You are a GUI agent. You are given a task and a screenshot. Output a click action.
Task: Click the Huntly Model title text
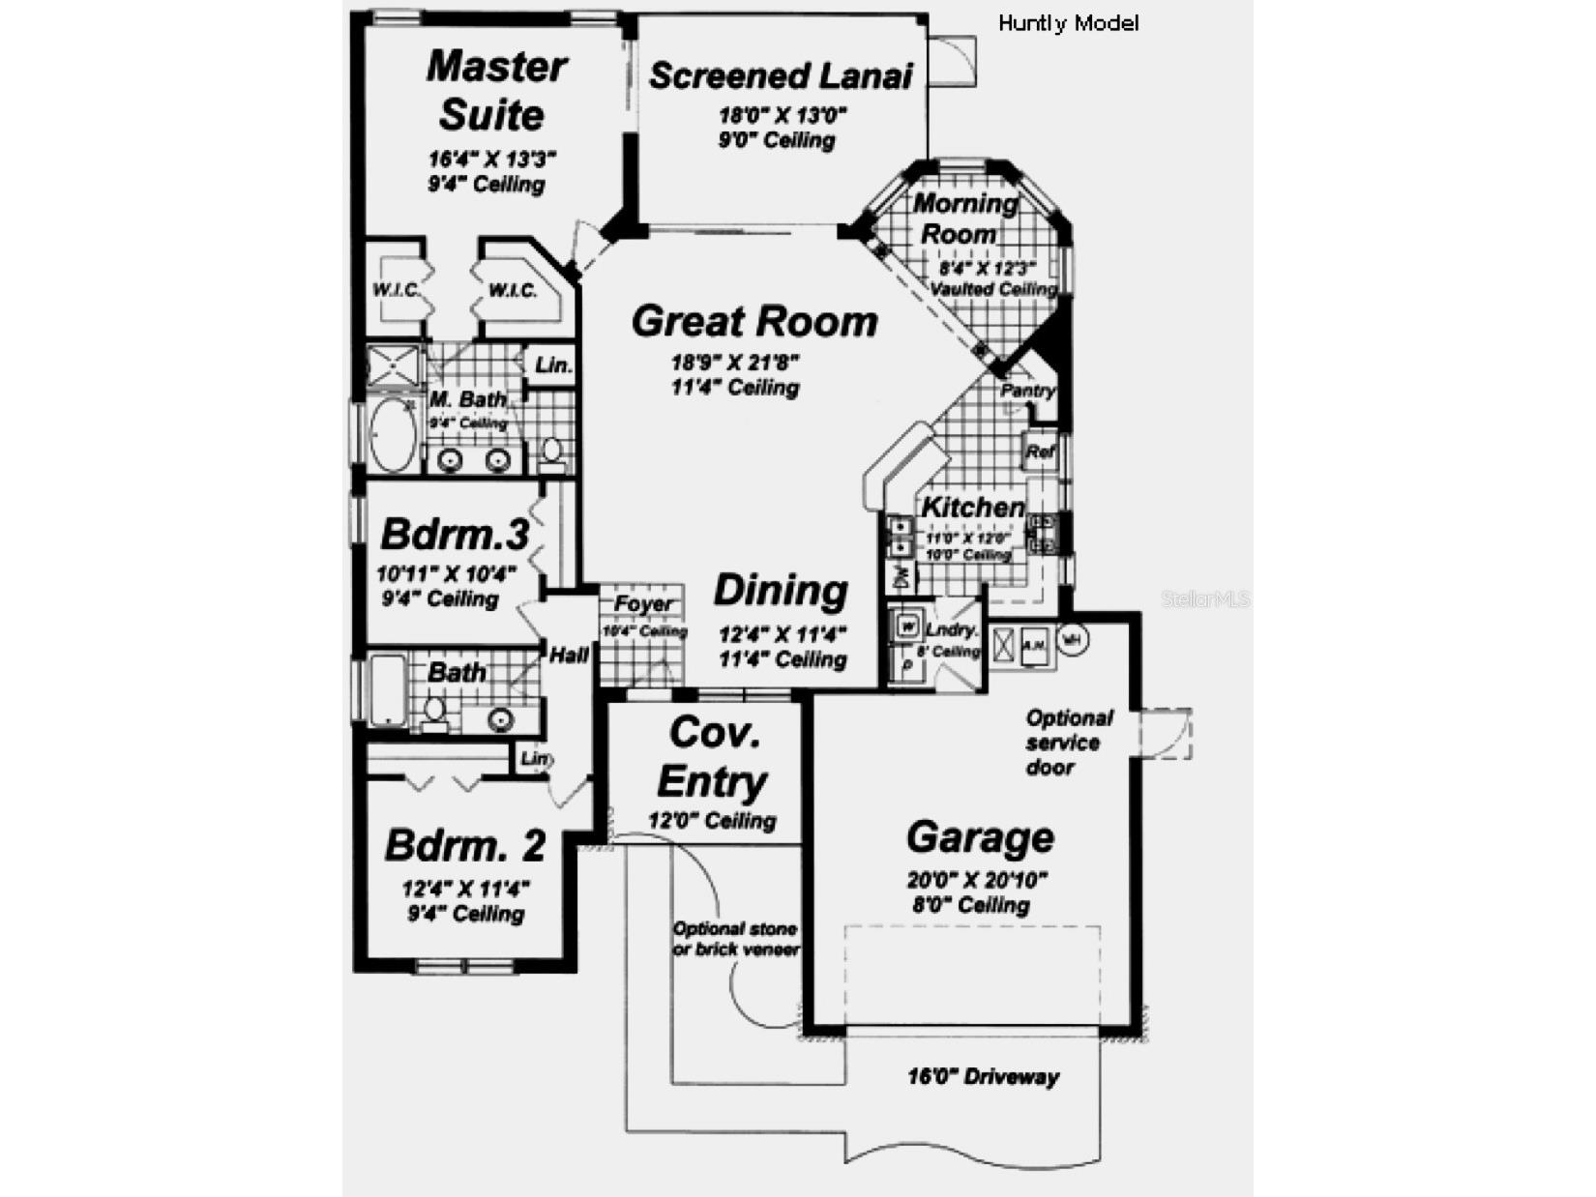click(x=1068, y=23)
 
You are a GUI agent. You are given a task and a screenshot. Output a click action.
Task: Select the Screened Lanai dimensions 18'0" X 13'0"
click(x=782, y=115)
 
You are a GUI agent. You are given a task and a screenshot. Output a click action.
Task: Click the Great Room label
click(x=754, y=322)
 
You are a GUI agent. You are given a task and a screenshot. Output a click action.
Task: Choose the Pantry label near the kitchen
click(x=1027, y=391)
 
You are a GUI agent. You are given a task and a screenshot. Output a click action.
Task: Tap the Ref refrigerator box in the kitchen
click(x=1041, y=451)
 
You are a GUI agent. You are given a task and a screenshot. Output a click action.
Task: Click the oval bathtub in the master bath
click(x=394, y=434)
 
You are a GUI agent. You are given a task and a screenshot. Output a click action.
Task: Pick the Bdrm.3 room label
click(x=454, y=534)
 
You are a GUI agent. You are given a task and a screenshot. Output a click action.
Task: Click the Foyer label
click(x=643, y=604)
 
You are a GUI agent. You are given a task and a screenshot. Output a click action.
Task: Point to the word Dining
click(x=781, y=590)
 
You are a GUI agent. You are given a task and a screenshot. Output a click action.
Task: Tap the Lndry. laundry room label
click(x=951, y=630)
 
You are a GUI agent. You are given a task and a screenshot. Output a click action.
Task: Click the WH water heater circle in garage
click(x=1073, y=639)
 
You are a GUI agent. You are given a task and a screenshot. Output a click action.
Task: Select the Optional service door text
click(x=1068, y=743)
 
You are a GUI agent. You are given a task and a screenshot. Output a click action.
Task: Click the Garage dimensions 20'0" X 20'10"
click(x=977, y=880)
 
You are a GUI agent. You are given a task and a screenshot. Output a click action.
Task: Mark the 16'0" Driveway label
click(x=983, y=1076)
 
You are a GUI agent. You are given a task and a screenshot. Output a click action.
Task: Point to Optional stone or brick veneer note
click(x=735, y=939)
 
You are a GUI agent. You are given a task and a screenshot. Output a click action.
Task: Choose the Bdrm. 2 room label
click(x=465, y=845)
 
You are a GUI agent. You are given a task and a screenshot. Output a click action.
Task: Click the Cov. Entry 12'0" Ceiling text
click(x=712, y=821)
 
